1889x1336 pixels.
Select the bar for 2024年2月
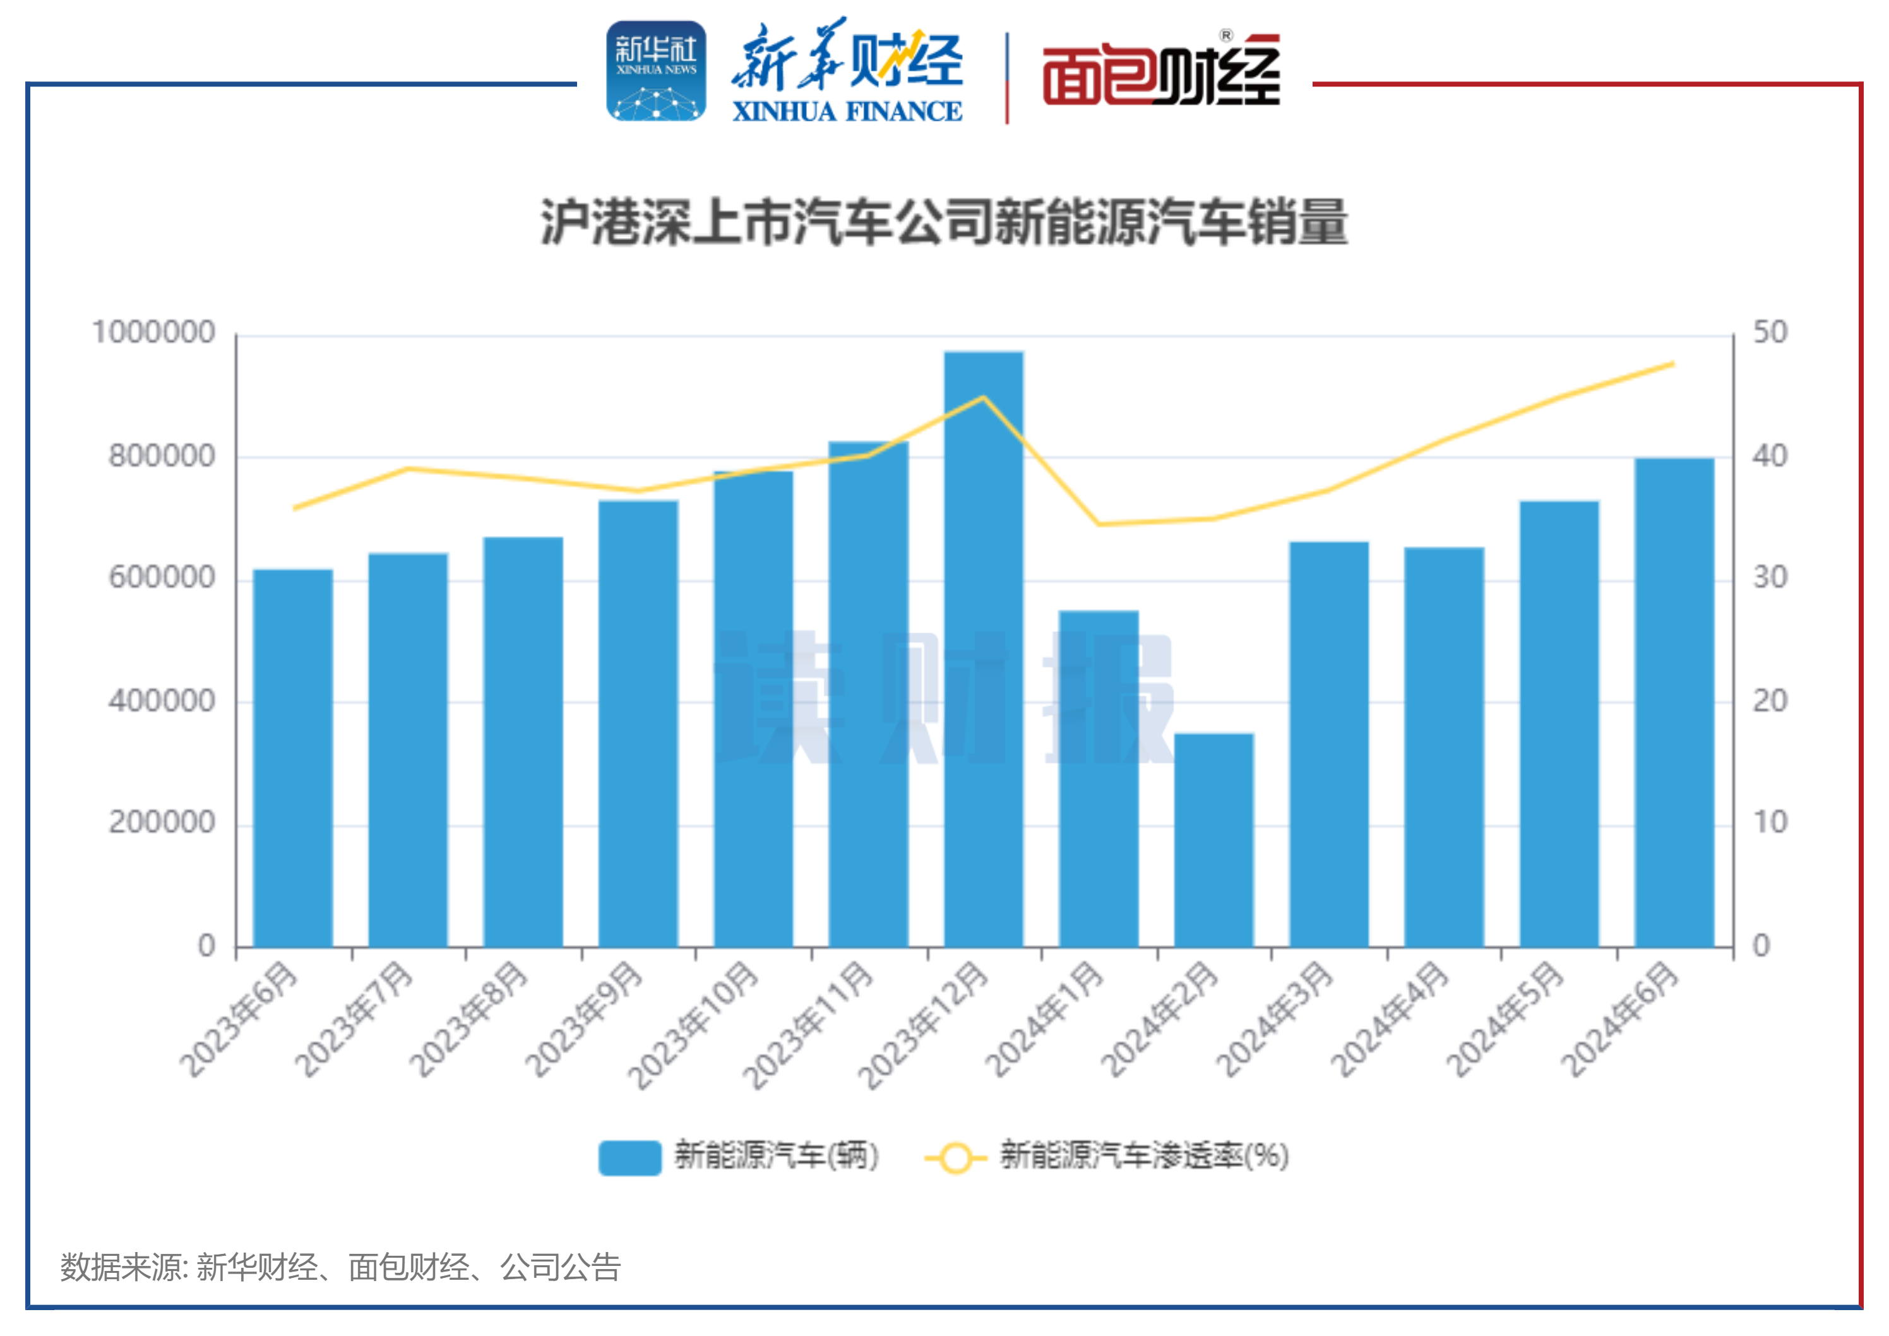click(x=1213, y=839)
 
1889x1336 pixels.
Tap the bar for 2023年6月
click(x=293, y=757)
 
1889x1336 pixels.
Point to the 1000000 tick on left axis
click(x=154, y=332)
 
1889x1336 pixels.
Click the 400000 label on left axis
click(x=162, y=701)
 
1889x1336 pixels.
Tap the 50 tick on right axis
click(x=1770, y=332)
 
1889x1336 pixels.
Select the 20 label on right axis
click(x=1770, y=701)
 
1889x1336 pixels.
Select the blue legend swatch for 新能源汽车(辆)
click(x=629, y=1157)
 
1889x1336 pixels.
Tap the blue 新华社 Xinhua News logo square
click(x=656, y=71)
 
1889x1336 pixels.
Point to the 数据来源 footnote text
click(x=340, y=1267)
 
